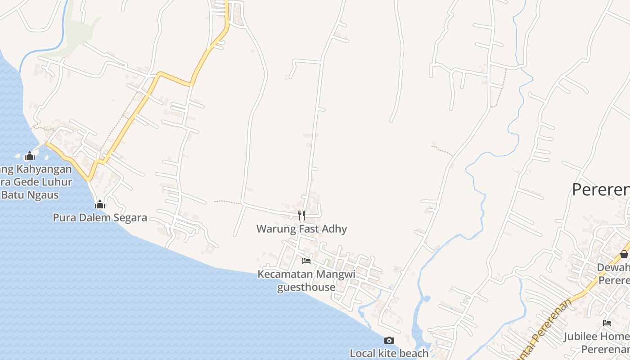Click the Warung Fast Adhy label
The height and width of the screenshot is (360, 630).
pyautogui.click(x=301, y=229)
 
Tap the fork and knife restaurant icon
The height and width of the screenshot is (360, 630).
pyautogui.click(x=301, y=216)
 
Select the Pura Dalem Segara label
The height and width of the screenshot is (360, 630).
pyautogui.click(x=100, y=218)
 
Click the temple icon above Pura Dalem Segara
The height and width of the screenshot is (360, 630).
pyautogui.click(x=100, y=205)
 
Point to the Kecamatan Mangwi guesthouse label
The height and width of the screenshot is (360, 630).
pyautogui.click(x=306, y=280)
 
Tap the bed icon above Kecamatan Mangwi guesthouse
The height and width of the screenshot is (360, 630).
pyautogui.click(x=306, y=261)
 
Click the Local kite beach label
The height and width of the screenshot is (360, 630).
pyautogui.click(x=389, y=353)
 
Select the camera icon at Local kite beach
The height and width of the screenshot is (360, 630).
pyautogui.click(x=389, y=340)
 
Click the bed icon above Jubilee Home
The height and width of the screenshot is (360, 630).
pyautogui.click(x=607, y=323)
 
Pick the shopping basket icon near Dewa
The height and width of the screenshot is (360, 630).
pyautogui.click(x=624, y=254)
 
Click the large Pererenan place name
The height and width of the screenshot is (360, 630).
pyautogui.click(x=601, y=189)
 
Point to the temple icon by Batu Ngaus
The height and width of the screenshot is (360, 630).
pyautogui.click(x=30, y=156)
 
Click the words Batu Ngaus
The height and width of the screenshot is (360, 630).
pyautogui.click(x=30, y=195)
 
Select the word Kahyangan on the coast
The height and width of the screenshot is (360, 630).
pyautogui.click(x=43, y=169)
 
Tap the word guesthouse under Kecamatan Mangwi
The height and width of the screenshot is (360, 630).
pyautogui.click(x=306, y=287)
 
